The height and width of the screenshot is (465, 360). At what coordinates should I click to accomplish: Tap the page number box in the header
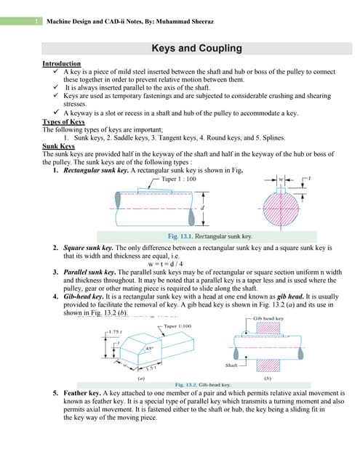tap(37, 23)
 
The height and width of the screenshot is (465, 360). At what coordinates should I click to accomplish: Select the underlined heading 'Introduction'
tap(63, 65)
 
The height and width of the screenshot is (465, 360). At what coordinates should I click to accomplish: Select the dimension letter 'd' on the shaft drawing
tap(202, 207)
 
